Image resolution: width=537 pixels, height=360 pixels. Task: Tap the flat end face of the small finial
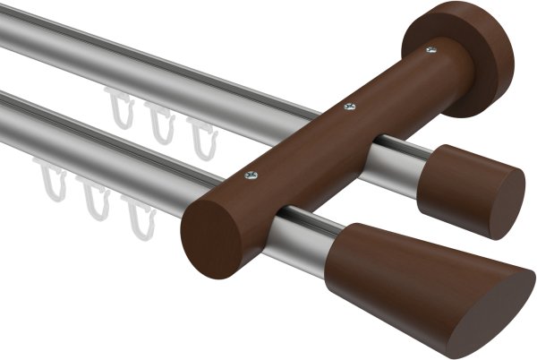click(x=507, y=204)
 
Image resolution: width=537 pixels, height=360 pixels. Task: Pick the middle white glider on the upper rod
click(x=161, y=124)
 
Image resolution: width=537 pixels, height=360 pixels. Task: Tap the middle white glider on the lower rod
click(x=94, y=200)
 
